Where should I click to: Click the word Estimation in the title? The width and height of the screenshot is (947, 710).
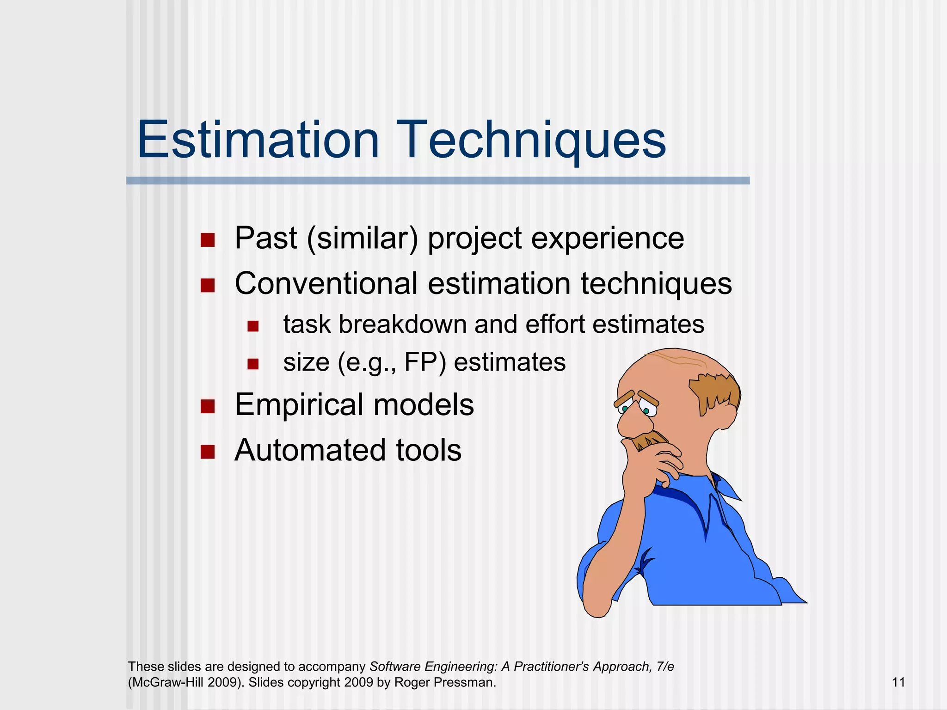258,140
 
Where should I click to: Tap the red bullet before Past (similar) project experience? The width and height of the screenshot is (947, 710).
208,240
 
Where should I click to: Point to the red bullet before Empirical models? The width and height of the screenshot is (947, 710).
208,406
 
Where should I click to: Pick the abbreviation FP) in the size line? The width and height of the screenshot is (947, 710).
425,362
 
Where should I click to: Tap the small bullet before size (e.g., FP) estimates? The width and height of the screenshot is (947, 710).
252,364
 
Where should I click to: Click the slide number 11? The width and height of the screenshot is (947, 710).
898,682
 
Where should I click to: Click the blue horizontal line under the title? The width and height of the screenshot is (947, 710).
437,181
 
